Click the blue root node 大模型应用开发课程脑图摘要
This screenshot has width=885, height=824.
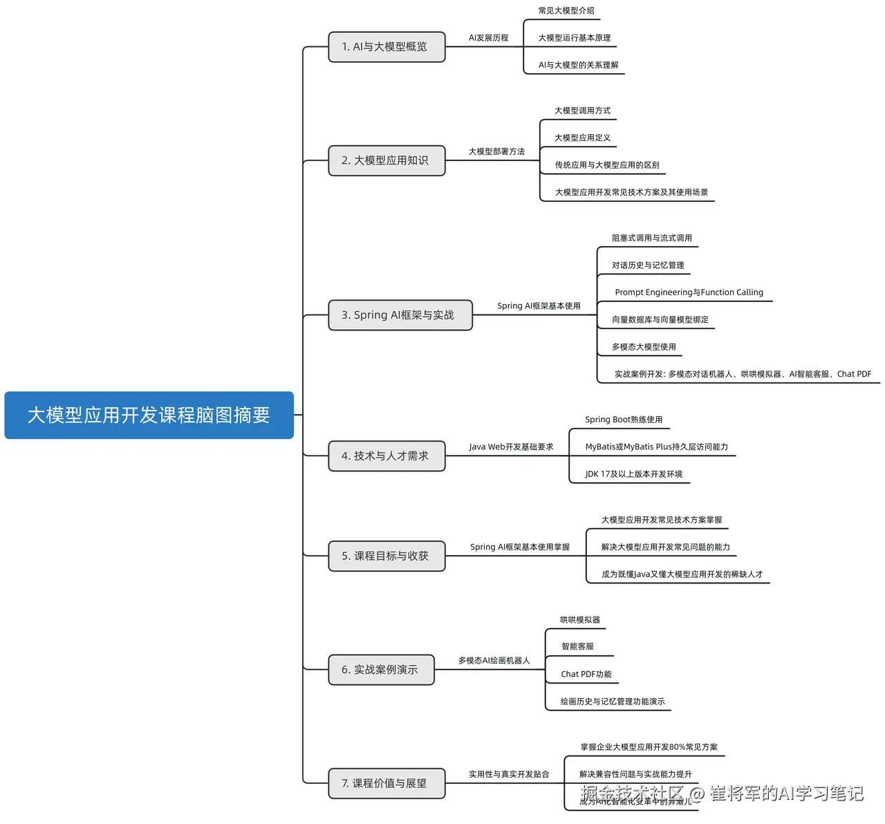149,415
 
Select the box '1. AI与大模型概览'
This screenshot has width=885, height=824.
386,47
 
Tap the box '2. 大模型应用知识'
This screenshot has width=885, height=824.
386,160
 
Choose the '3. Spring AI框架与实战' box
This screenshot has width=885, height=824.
400,315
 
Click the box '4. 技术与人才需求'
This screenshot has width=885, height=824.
386,456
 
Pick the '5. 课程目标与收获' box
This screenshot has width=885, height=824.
386,556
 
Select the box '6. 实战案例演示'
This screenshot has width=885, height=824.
381,670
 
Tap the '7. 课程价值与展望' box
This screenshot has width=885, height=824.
386,783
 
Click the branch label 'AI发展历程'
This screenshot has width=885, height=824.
488,38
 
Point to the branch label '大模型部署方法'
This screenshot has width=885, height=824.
496,151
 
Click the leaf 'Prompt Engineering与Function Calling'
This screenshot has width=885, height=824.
689,292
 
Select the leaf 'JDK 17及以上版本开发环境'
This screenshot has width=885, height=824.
633,474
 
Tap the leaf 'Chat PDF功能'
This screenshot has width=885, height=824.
586,674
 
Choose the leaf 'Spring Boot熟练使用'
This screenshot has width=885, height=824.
624,420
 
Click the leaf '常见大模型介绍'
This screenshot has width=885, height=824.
566,10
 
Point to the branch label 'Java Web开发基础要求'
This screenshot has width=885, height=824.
511,447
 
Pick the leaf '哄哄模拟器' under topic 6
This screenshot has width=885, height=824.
580,620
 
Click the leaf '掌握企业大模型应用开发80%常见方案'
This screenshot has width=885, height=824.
649,747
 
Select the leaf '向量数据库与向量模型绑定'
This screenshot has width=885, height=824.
660,319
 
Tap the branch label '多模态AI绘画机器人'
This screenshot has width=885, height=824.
494,661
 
